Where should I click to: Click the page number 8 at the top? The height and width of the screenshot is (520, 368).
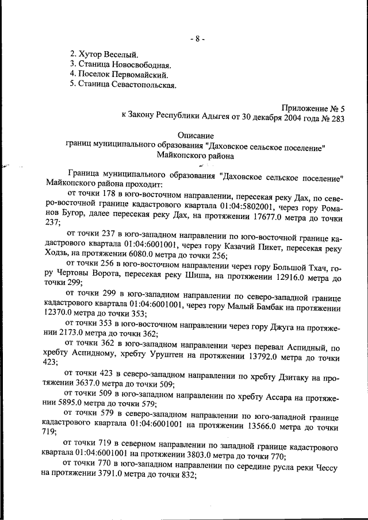197,39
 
